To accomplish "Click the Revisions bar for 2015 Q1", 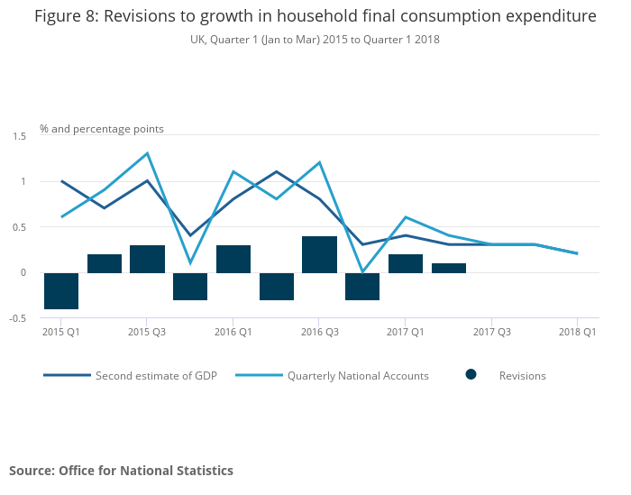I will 61,290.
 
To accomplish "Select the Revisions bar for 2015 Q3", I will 147,259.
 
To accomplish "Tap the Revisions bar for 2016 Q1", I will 233,259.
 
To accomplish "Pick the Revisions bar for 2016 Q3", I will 319,254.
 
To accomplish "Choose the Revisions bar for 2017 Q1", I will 406,263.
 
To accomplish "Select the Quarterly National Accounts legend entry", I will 358,375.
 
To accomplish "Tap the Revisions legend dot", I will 471,375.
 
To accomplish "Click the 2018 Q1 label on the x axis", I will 577,332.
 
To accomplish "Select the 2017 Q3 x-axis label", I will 491,332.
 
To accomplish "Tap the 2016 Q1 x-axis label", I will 233,332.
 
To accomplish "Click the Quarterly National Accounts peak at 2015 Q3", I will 147,153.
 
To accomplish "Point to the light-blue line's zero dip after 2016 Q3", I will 362,271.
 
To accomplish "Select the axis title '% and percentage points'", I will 102,129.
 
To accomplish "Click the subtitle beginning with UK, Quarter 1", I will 315,40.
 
